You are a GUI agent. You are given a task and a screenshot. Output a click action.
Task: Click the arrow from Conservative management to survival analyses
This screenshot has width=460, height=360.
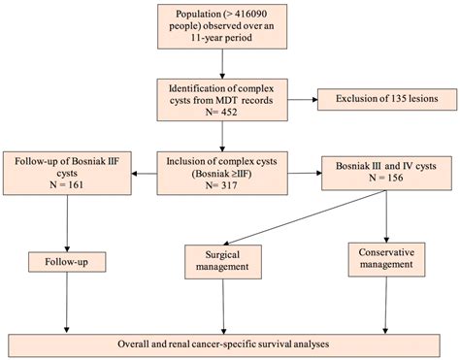pos(387,305)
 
